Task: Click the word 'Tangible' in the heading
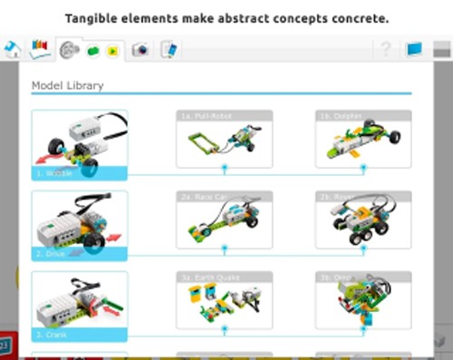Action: pyautogui.click(x=95, y=17)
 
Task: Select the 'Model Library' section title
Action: pyautogui.click(x=68, y=85)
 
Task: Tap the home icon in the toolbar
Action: pyautogui.click(x=12, y=49)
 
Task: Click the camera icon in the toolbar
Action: pyautogui.click(x=140, y=50)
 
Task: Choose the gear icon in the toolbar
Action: pyautogui.click(x=70, y=51)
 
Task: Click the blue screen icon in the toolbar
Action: pyautogui.click(x=415, y=50)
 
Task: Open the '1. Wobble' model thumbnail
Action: pyautogui.click(x=80, y=143)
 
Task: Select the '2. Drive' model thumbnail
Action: pyautogui.click(x=80, y=225)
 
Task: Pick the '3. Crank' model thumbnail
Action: pyautogui.click(x=80, y=306)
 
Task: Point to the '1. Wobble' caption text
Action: pyautogui.click(x=54, y=171)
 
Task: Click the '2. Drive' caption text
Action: pyautogui.click(x=52, y=253)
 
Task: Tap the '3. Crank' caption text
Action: pyautogui.click(x=53, y=335)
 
